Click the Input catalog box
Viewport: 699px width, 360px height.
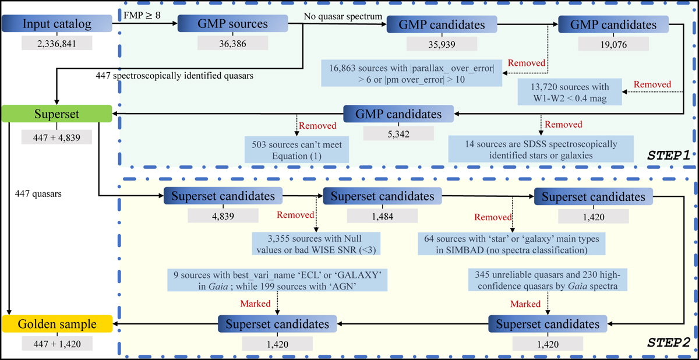click(x=56, y=24)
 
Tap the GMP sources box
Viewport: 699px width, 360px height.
click(x=232, y=24)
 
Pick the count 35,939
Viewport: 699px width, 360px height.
click(x=442, y=43)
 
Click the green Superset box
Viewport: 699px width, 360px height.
click(x=56, y=114)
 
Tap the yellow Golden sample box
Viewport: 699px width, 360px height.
click(x=56, y=323)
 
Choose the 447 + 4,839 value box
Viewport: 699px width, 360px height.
click(x=57, y=137)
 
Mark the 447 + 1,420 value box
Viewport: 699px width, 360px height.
click(x=57, y=343)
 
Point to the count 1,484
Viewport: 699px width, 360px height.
click(x=383, y=215)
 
